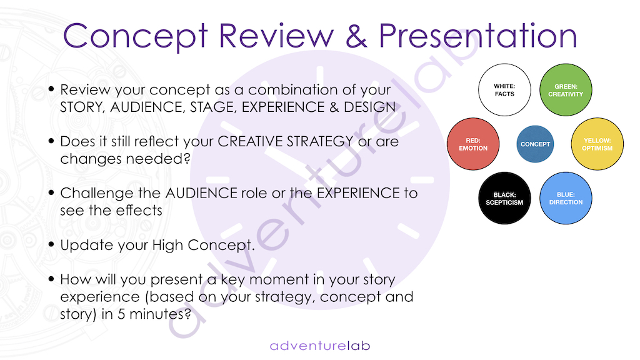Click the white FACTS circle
pos(504,90)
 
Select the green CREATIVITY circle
pos(566,90)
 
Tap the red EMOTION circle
pos(473,144)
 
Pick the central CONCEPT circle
pos(535,144)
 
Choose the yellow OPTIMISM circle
pos(597,144)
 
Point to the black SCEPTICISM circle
pos(504,198)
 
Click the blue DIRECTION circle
pos(566,198)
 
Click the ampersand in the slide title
pos(356,36)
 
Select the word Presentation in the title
pos(478,35)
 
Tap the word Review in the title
pos(276,36)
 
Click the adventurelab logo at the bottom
pos(320,346)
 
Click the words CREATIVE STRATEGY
pos(285,141)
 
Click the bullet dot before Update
pos(51,244)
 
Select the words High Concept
pos(203,245)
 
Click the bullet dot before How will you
pos(51,279)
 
